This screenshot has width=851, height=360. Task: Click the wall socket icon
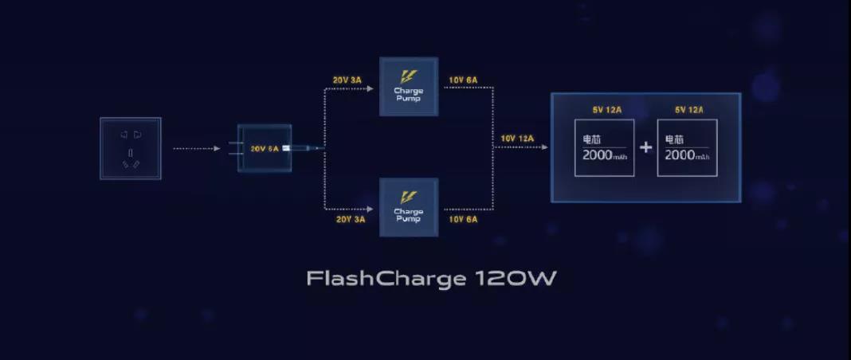pyautogui.click(x=130, y=148)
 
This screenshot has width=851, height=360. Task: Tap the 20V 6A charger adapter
pyautogui.click(x=265, y=148)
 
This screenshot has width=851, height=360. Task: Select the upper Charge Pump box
pyautogui.click(x=408, y=87)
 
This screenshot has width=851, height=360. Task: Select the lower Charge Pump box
pyautogui.click(x=408, y=207)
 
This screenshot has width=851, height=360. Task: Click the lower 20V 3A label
pyautogui.click(x=351, y=219)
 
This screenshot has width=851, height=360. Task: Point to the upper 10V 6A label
pyautogui.click(x=463, y=80)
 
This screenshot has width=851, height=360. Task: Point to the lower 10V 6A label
pyautogui.click(x=463, y=219)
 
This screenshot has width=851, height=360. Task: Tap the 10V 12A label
pyautogui.click(x=517, y=138)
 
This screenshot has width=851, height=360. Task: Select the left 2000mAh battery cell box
pyautogui.click(x=605, y=147)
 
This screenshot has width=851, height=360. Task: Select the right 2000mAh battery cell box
pyautogui.click(x=687, y=147)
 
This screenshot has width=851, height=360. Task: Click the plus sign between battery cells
pyautogui.click(x=646, y=147)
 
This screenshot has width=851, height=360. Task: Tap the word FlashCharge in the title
pyautogui.click(x=386, y=279)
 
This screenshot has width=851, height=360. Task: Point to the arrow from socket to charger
pyautogui.click(x=197, y=148)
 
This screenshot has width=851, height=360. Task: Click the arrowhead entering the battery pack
pyautogui.click(x=544, y=147)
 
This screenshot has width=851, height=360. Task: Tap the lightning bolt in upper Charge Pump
pyautogui.click(x=409, y=76)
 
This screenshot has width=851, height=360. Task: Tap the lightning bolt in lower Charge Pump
pyautogui.click(x=409, y=197)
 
